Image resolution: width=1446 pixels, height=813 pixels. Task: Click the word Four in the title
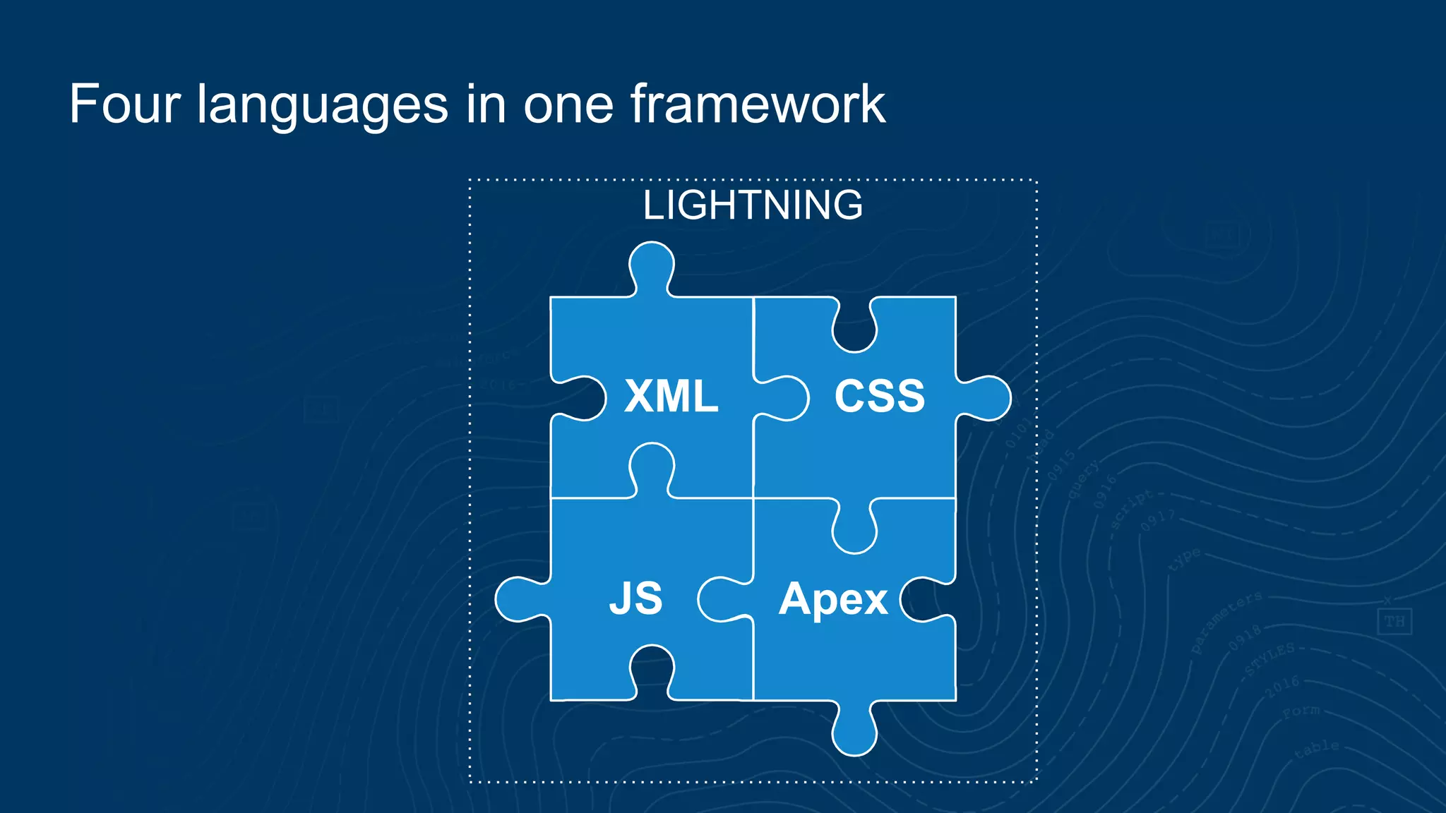click(125, 104)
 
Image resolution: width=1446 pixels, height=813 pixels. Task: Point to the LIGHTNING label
click(753, 205)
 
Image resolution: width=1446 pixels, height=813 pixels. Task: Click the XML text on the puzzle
click(671, 396)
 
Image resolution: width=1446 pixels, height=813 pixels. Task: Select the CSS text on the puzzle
click(879, 396)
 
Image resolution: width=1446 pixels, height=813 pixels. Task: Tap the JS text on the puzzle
click(635, 598)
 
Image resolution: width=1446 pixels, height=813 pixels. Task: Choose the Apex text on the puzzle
click(833, 600)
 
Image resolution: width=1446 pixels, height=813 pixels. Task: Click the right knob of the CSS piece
click(988, 398)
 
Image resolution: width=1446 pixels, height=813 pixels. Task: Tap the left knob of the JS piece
click(519, 599)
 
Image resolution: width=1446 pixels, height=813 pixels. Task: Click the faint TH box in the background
click(1394, 622)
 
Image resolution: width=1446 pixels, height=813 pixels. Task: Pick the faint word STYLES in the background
click(1269, 659)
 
